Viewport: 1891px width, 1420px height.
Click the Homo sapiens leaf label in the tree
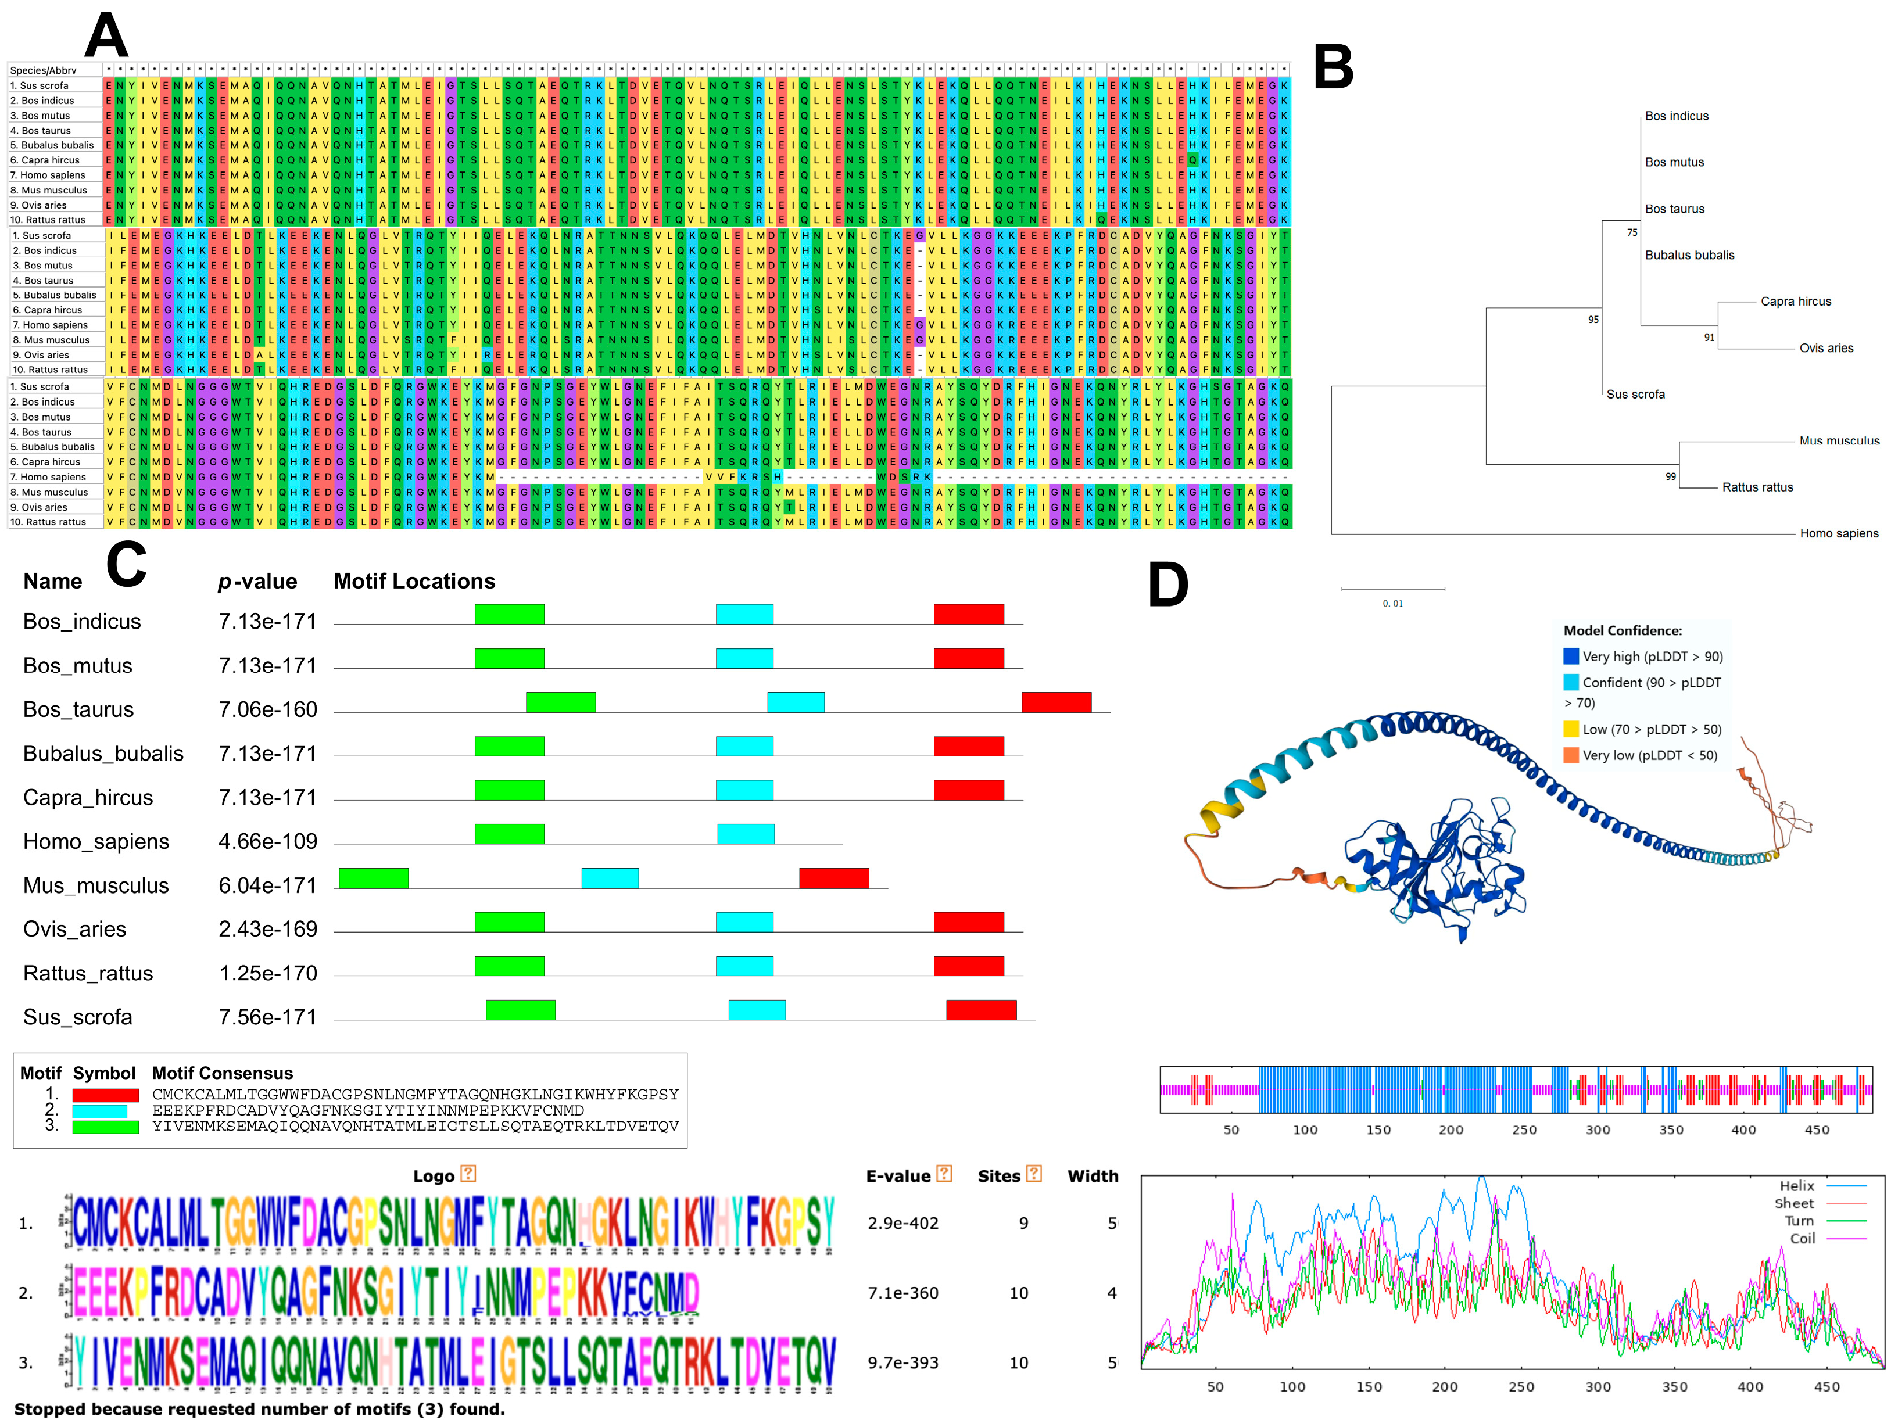[x=1838, y=533]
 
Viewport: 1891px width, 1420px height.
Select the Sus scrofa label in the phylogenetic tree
[x=1635, y=394]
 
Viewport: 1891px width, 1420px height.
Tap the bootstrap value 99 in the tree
[x=1670, y=476]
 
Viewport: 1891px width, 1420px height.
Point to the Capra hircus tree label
[x=1795, y=301]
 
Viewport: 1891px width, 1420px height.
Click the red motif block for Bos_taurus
[x=1056, y=702]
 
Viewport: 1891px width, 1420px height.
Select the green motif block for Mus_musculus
[x=374, y=878]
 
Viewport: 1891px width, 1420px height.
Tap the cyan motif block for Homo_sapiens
[x=746, y=834]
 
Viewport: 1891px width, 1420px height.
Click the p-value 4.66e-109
[x=267, y=841]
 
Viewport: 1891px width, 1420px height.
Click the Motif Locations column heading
[x=414, y=582]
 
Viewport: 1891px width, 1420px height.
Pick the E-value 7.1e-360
[x=902, y=1293]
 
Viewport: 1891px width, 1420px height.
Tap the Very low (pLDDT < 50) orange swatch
[x=1570, y=755]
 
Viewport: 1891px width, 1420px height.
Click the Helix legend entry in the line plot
[x=1796, y=1186]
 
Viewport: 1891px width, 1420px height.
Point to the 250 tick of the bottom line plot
[x=1521, y=1387]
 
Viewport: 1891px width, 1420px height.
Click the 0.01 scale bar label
[x=1392, y=604]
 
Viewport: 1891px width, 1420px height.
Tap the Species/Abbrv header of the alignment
[x=43, y=70]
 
